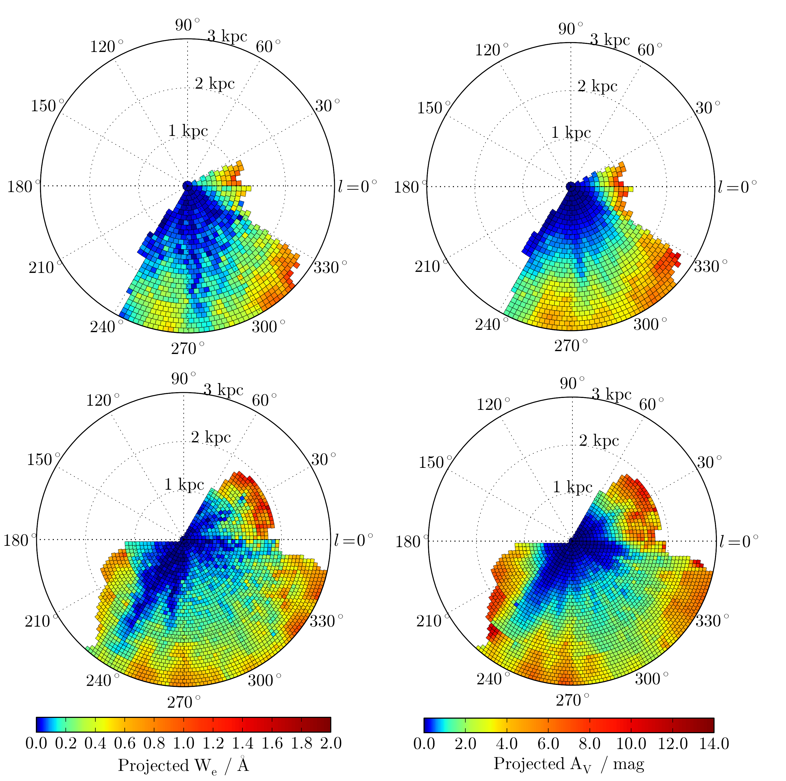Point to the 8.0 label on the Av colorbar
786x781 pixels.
tap(590, 744)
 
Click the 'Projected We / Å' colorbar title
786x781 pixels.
tap(183, 765)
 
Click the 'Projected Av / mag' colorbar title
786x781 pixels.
tap(569, 764)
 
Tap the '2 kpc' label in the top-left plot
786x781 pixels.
tap(215, 83)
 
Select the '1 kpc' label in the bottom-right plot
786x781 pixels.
tap(572, 487)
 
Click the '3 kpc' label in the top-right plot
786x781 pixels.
tap(610, 40)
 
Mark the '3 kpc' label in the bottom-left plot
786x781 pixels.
tap(223, 390)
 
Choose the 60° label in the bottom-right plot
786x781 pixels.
tap(651, 405)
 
